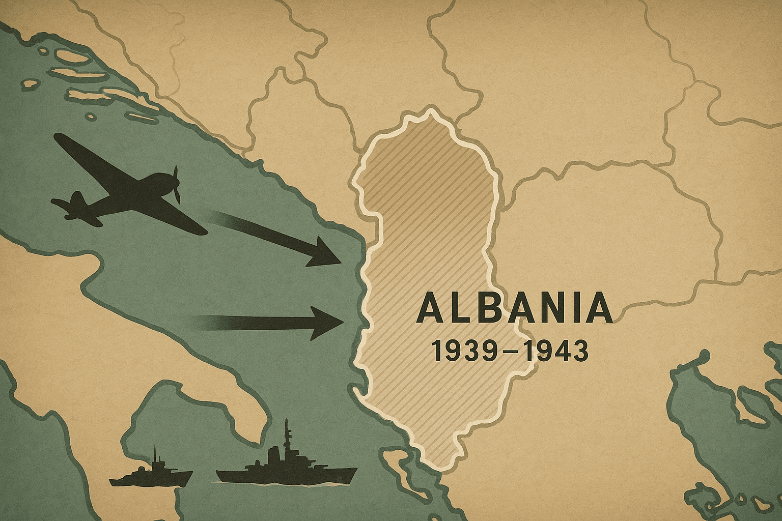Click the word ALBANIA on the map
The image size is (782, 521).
[514, 309]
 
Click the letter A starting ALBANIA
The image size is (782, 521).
[429, 309]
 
